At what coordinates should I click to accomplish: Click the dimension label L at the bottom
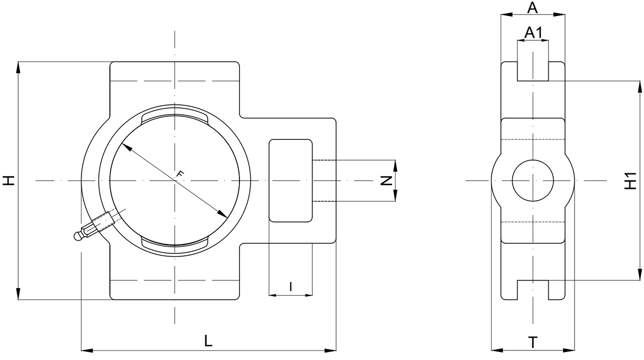click(208, 341)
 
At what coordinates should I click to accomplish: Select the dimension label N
click(386, 180)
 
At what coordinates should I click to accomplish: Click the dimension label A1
click(533, 33)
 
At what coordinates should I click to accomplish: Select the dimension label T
click(533, 342)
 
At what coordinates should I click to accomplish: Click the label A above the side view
click(533, 8)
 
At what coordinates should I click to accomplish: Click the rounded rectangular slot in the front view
click(291, 180)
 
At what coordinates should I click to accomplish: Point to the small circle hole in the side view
click(533, 180)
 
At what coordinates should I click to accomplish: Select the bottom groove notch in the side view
click(533, 290)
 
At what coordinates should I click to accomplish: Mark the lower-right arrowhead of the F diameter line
click(223, 215)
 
